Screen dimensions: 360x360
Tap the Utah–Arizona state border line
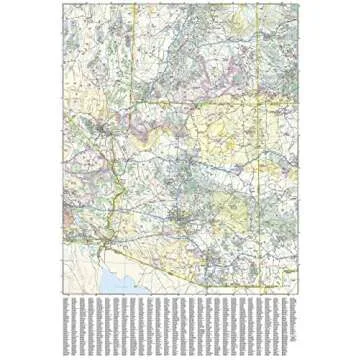190,102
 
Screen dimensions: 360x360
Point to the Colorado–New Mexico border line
280,102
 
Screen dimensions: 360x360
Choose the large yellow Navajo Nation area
225,130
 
